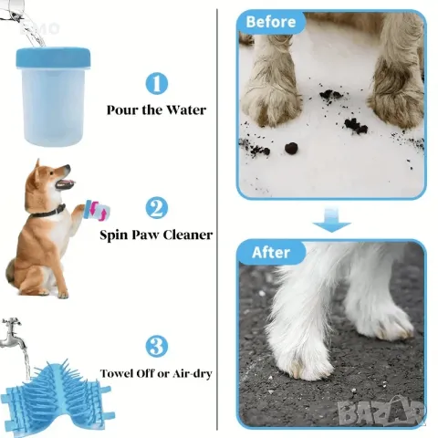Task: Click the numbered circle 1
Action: (x=157, y=83)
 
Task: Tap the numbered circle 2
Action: (x=156, y=208)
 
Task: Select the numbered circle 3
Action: (x=156, y=347)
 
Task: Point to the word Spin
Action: (x=112, y=235)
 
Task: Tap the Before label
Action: (x=271, y=22)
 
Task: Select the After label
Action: (x=271, y=253)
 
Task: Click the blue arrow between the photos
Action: (x=331, y=221)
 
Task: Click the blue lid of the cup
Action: (x=53, y=57)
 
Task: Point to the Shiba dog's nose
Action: (x=68, y=167)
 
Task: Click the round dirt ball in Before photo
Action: (x=291, y=148)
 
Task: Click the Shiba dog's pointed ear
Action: (x=37, y=168)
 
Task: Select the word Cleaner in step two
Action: (x=188, y=235)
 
